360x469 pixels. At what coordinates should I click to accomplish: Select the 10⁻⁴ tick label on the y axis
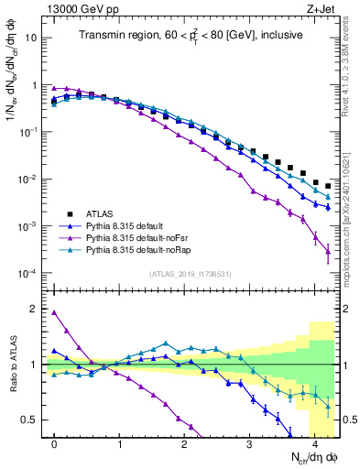pyautogui.click(x=28, y=274)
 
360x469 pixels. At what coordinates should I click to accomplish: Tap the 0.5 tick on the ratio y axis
pyautogui.click(x=31, y=420)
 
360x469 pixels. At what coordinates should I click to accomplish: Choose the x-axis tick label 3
pyautogui.click(x=250, y=443)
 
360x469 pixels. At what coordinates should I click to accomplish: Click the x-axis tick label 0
pyautogui.click(x=55, y=443)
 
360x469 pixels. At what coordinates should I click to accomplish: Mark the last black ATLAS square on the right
pyautogui.click(x=328, y=186)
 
